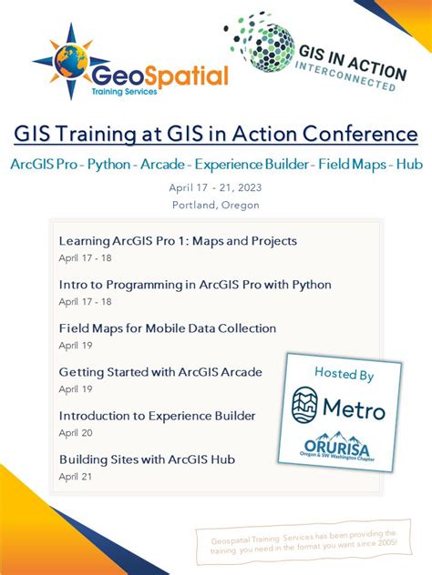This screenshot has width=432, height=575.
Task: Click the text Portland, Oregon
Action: (x=216, y=205)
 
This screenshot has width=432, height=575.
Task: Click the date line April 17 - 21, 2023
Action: (x=216, y=187)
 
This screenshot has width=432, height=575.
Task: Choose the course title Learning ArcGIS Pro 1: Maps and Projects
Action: (x=178, y=241)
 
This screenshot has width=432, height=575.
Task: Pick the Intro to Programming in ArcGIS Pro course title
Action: (x=195, y=285)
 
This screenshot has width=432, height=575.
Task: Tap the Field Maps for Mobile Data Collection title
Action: (x=168, y=328)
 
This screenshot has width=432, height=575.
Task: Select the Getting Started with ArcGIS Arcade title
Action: (x=160, y=372)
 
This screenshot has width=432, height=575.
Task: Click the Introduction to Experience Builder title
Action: (x=157, y=416)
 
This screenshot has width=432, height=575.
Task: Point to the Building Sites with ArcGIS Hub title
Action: (x=147, y=459)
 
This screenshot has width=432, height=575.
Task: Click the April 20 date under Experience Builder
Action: (x=77, y=432)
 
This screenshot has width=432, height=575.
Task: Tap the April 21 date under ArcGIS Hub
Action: (x=77, y=476)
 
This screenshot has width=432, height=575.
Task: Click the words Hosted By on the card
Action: (x=344, y=373)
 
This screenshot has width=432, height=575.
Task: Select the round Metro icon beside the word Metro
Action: (x=308, y=407)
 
